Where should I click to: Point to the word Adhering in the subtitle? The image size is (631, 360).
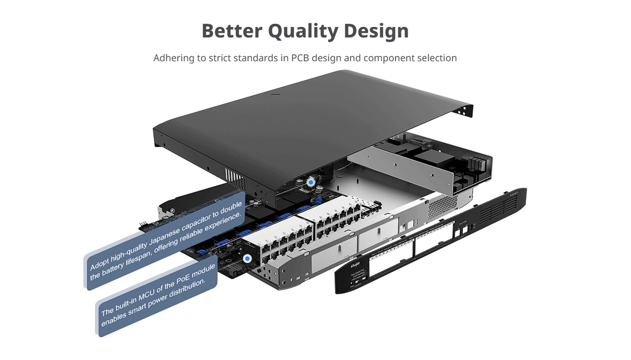(174, 58)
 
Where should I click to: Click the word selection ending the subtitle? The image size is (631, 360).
(436, 58)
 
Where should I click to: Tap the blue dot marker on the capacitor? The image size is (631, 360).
(311, 183)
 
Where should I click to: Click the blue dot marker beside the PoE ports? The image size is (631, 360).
(248, 259)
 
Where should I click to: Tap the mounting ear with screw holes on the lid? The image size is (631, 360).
(465, 110)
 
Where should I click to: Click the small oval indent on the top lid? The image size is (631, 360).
(274, 95)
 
